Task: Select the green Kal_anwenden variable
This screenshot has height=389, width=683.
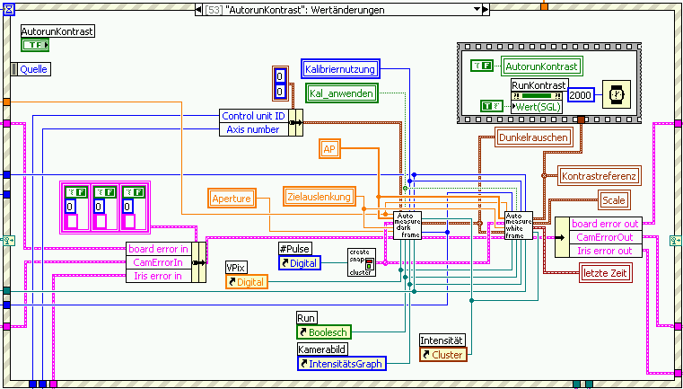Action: click(x=340, y=93)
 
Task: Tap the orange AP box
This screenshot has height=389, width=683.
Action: click(x=329, y=149)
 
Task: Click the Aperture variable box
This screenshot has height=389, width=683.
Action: click(x=232, y=198)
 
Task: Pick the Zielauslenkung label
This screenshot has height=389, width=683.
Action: click(x=319, y=197)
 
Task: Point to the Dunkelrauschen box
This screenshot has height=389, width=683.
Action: click(x=531, y=137)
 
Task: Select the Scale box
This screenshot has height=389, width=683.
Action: click(x=614, y=200)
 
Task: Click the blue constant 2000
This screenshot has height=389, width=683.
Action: click(x=581, y=94)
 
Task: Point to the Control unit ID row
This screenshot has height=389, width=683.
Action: click(x=253, y=116)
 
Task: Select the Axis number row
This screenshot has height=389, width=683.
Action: click(x=253, y=129)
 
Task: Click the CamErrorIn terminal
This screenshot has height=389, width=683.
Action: click(x=159, y=262)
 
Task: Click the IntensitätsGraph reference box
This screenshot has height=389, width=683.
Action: click(x=341, y=364)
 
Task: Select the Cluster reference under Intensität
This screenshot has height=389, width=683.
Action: click(x=442, y=355)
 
